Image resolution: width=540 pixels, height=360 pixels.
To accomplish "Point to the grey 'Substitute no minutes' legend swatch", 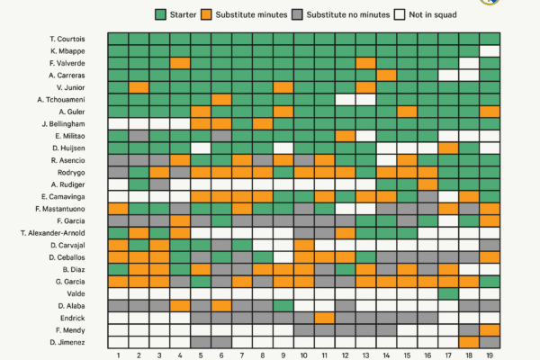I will click(300, 15).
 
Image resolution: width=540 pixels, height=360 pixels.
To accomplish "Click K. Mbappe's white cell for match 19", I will click(490, 51).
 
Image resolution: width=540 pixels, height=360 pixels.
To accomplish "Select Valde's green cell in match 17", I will click(448, 292).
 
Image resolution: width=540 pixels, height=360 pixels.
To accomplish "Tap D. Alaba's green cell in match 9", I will click(283, 305).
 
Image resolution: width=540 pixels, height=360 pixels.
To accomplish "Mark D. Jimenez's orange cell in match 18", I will click(469, 341).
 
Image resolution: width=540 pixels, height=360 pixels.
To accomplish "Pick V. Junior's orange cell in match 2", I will click(138, 87).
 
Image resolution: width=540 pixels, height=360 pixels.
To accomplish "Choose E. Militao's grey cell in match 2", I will click(138, 135).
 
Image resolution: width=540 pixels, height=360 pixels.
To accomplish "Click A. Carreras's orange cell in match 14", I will click(386, 75).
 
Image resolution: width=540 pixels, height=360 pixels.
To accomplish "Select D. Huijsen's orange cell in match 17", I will click(448, 148).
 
